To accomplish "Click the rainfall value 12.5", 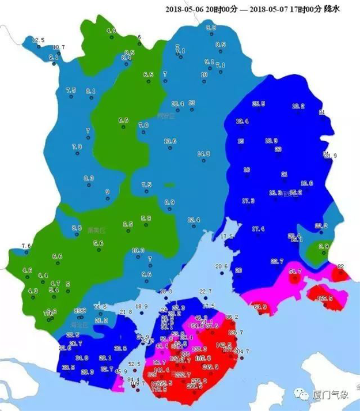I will [x=38, y=40].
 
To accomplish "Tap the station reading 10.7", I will [x=59, y=47].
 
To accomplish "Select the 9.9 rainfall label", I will [x=211, y=27].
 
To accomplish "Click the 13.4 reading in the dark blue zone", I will [x=242, y=122].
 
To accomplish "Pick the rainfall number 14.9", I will [x=204, y=154].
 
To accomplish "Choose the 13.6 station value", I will [x=170, y=141].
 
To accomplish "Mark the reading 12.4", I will [x=194, y=220].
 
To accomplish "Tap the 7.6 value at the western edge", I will [x=25, y=246].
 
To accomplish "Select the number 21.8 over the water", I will [x=126, y=312].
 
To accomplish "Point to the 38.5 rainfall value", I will [x=69, y=367].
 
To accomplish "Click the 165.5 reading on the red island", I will [x=325, y=298].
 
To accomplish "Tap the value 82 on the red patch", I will [x=340, y=266].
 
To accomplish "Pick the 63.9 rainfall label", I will [x=260, y=306].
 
